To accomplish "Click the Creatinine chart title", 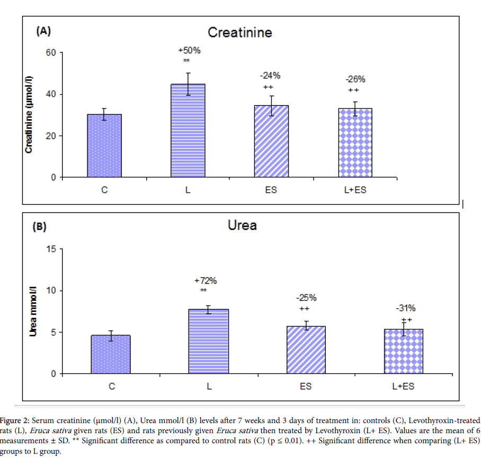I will tap(239, 33).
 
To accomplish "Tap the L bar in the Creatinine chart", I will tap(188, 130).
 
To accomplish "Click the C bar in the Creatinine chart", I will tap(104, 146).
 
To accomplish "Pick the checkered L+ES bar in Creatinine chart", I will tap(355, 142).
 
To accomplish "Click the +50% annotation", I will tap(189, 51).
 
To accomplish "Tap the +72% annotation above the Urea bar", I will tap(206, 281).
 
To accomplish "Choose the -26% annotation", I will tap(355, 79).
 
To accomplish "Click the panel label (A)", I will tap(43, 31).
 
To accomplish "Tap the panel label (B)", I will tap(40, 227).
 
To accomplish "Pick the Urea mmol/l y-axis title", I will tap(33, 312).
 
